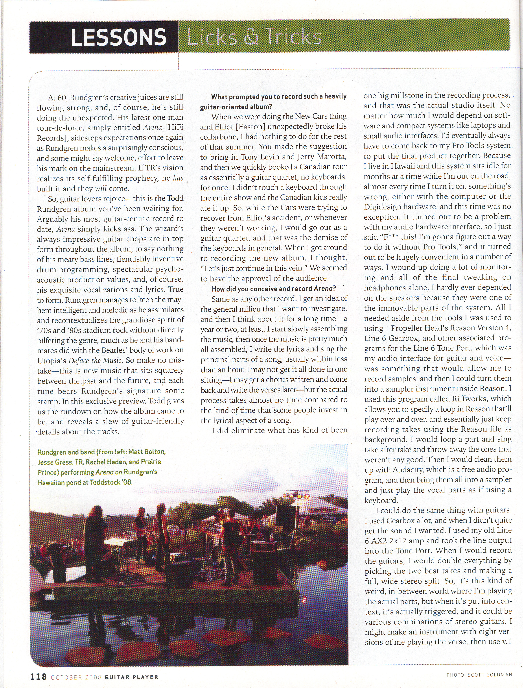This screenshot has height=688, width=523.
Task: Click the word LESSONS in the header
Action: pos(118,37)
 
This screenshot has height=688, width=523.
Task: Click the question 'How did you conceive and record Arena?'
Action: pos(273,289)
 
